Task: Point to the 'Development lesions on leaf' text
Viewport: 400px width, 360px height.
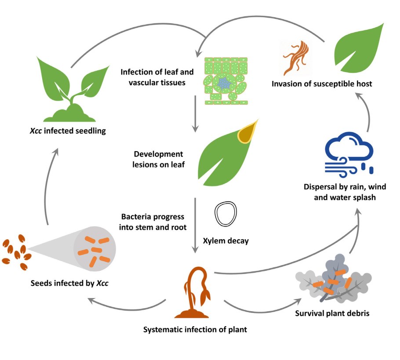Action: (159, 160)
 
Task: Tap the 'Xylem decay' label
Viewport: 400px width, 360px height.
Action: (225, 240)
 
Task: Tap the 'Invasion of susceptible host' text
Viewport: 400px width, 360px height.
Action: (322, 84)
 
